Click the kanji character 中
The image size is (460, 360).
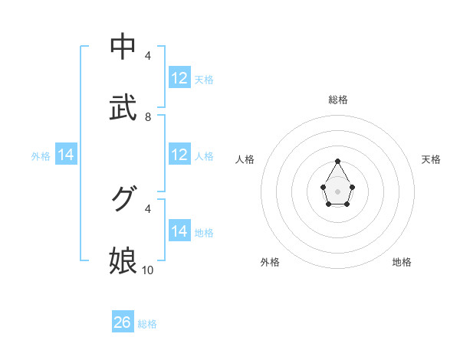[x=123, y=47]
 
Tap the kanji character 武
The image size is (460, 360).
[x=123, y=108]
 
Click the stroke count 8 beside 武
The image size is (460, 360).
[x=148, y=117]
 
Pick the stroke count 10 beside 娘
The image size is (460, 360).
[x=148, y=270]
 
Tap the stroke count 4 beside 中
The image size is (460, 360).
[x=148, y=56]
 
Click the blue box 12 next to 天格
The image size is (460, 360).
[x=179, y=78]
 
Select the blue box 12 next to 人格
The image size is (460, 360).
[x=179, y=155]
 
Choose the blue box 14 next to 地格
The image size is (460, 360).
[x=179, y=231]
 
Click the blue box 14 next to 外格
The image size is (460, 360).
[x=66, y=155]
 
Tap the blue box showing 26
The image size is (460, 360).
[x=123, y=322]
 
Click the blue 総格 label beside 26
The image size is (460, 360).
[x=147, y=324]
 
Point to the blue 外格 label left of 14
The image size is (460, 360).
[x=41, y=156]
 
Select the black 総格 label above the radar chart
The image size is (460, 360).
[x=338, y=100]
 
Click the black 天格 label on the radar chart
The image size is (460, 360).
[x=432, y=159]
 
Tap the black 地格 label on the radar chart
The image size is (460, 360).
[x=402, y=262]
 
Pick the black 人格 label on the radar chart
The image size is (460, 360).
[x=245, y=159]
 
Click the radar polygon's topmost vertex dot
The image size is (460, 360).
[x=337, y=161]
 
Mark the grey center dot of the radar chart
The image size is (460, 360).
[x=337, y=190]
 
